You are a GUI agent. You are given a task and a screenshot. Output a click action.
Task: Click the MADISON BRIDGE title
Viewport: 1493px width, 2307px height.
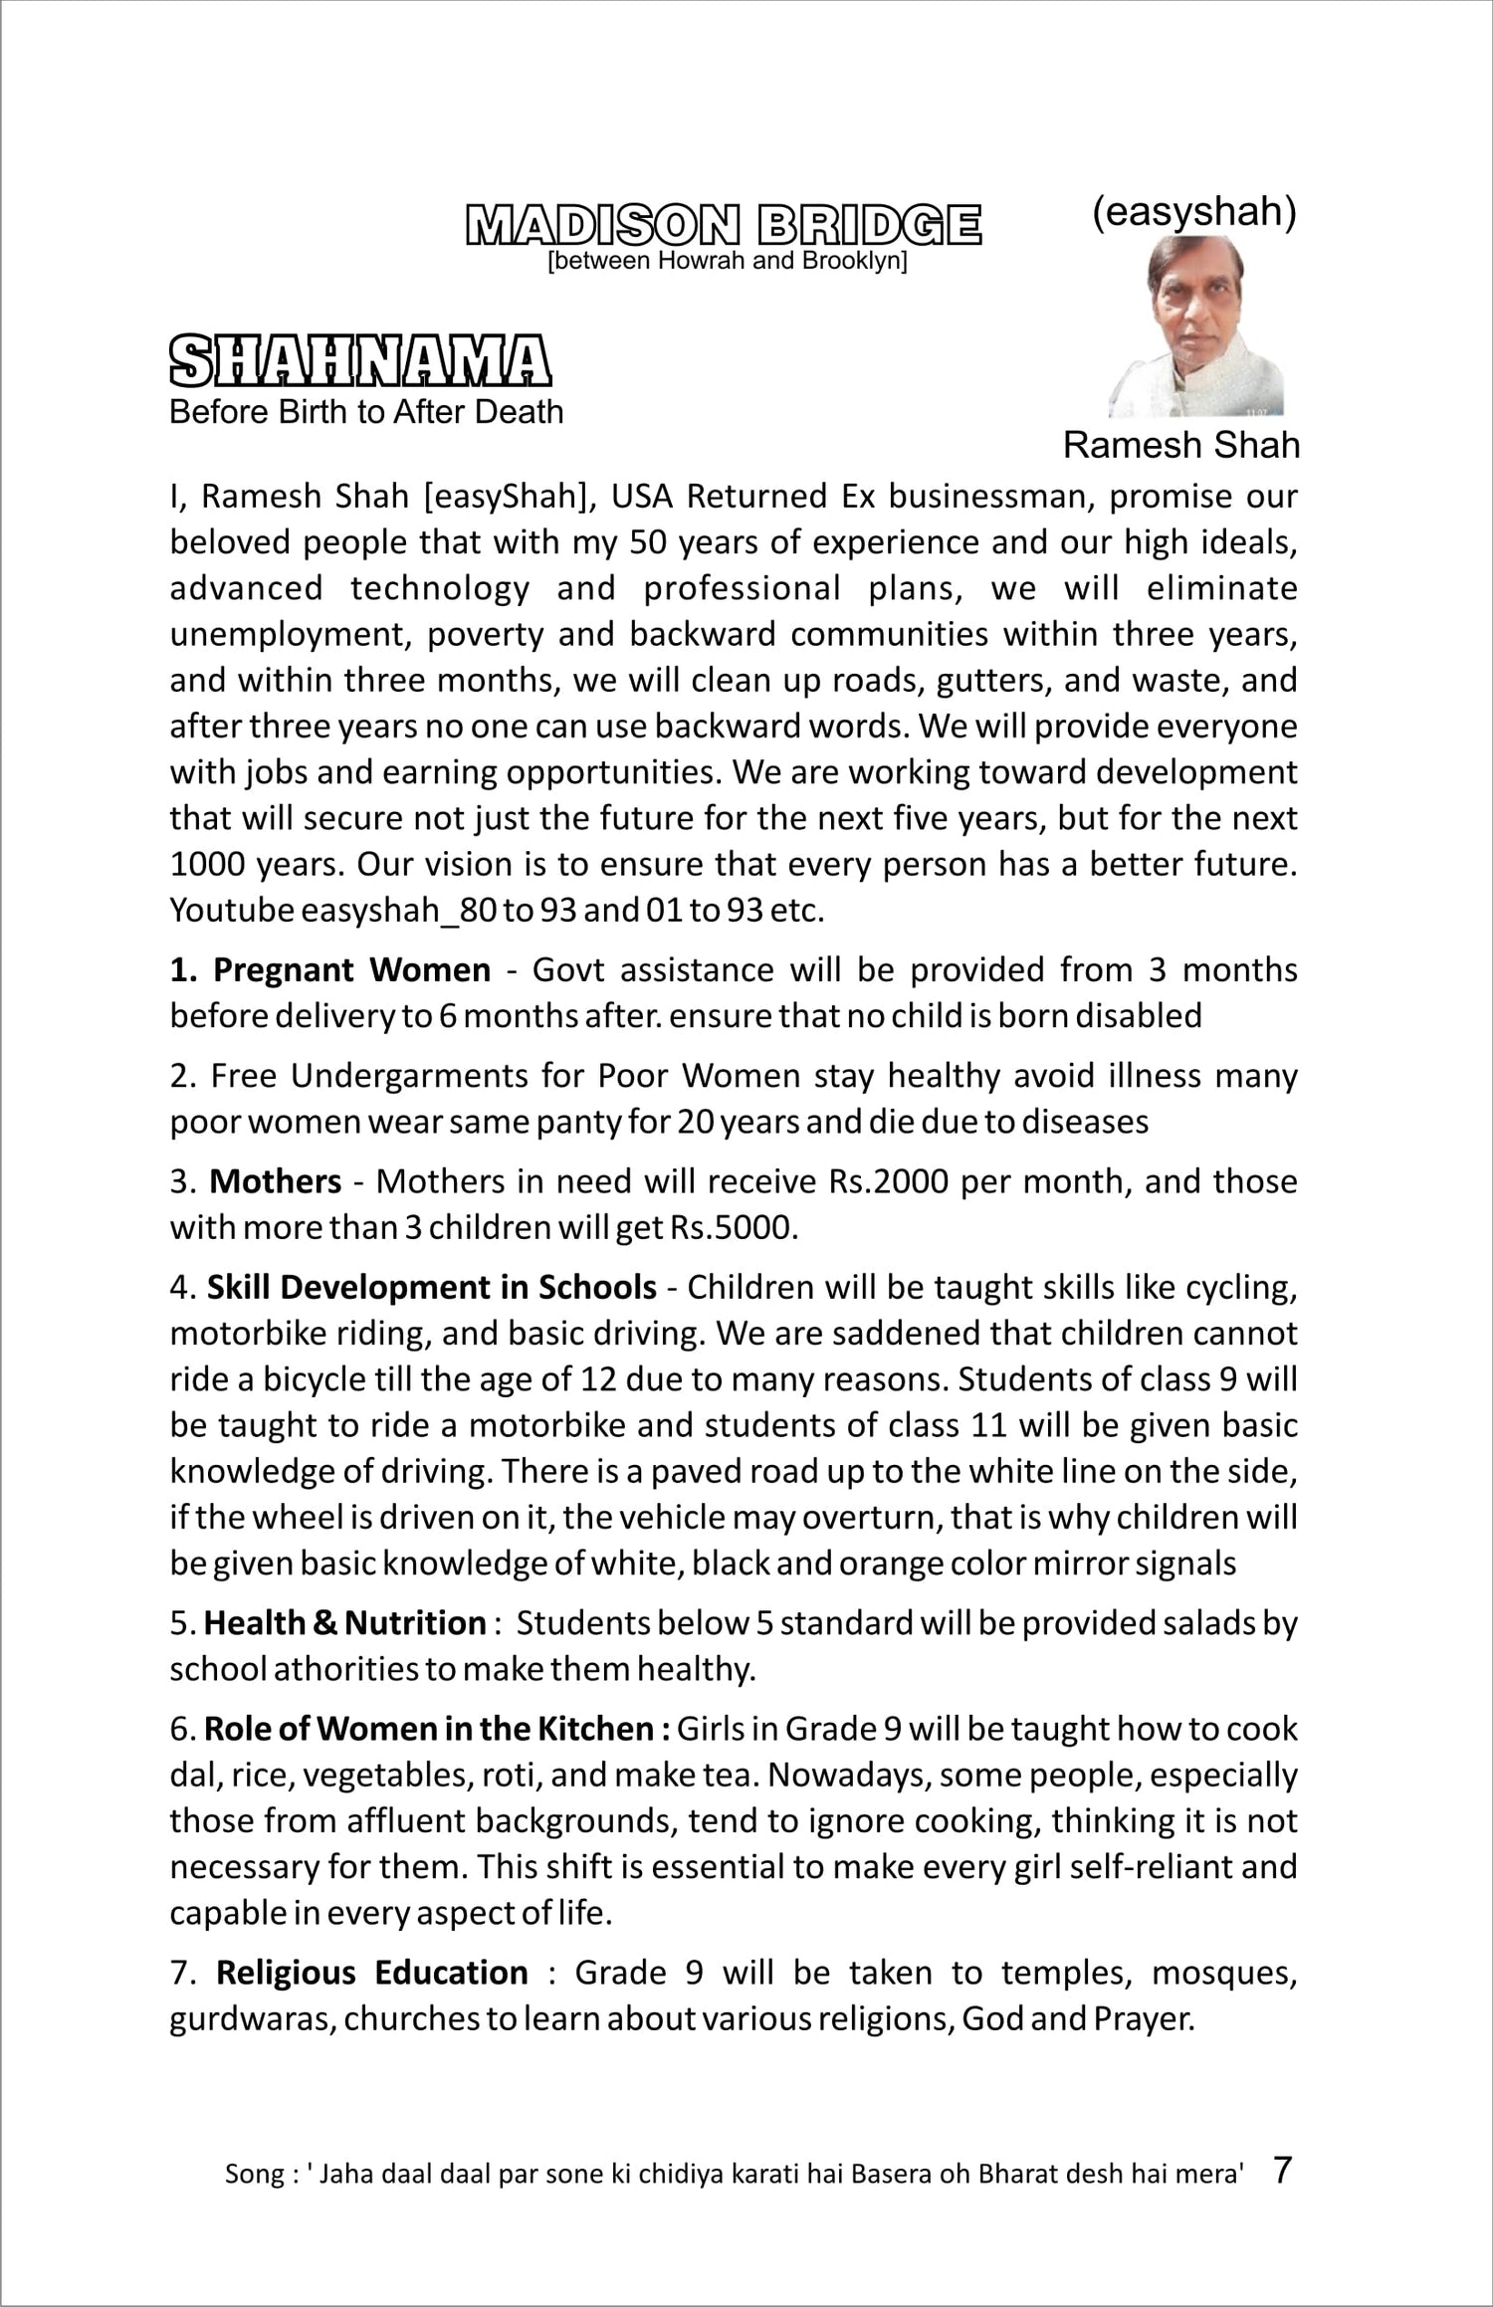coord(724,225)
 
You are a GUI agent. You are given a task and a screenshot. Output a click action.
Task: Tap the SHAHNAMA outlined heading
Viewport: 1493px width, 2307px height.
coord(360,361)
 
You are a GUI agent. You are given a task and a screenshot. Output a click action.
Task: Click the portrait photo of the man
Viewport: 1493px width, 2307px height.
coord(1197,327)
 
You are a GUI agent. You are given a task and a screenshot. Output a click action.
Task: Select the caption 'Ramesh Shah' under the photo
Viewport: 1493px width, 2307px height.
coord(1180,445)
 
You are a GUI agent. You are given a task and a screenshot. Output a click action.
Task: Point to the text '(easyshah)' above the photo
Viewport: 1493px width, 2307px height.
coord(1193,212)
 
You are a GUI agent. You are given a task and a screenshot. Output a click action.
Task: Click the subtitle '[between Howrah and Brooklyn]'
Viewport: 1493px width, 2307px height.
coord(728,262)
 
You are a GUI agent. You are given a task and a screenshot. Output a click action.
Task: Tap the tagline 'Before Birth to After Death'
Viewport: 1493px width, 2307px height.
coord(366,412)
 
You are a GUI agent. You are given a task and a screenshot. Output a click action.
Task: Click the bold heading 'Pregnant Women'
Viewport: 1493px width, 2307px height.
coord(352,969)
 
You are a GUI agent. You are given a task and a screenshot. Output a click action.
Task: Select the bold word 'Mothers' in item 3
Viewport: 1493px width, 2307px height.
coord(276,1181)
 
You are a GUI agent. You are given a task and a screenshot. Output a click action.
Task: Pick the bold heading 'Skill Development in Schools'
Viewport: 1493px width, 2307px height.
coord(432,1287)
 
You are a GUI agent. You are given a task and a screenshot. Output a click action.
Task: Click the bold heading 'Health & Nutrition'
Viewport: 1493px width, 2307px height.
coord(344,1622)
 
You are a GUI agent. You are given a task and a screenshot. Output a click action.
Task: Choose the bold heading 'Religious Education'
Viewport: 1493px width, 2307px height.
coord(372,1973)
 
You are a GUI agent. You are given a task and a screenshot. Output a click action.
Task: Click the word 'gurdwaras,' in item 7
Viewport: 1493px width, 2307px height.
coord(253,2018)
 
